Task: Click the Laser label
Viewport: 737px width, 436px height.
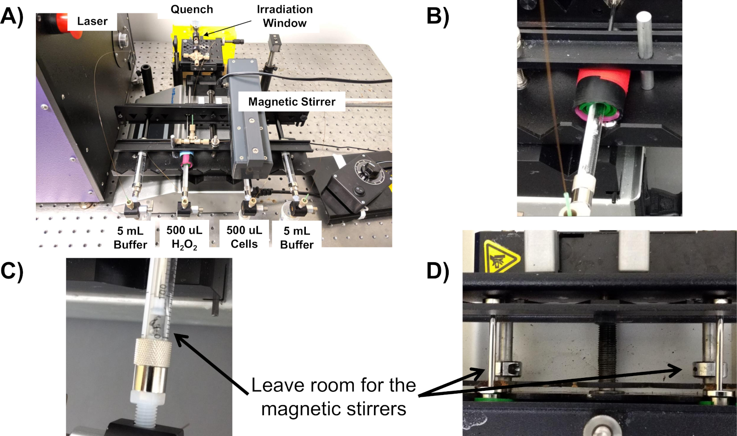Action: point(92,21)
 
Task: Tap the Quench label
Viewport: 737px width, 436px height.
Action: point(192,10)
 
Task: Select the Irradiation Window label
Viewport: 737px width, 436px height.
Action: point(285,16)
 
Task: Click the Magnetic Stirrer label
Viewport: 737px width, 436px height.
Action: point(292,102)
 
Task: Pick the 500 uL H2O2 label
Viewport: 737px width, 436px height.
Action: point(184,237)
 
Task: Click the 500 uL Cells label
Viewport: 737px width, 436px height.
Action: point(244,237)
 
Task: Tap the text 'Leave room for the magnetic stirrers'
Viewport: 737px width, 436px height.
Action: point(333,397)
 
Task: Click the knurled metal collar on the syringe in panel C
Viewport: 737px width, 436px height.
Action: point(152,353)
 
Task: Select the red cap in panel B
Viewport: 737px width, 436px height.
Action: point(603,78)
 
